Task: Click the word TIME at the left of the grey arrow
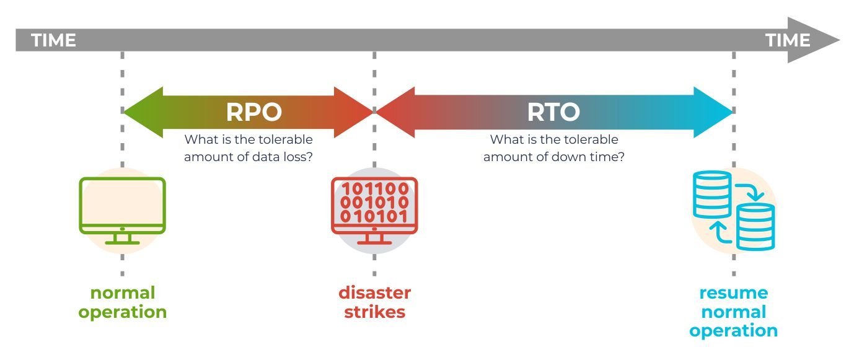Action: pos(53,41)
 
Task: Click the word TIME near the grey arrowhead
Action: pos(788,41)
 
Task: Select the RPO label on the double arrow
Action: pos(254,112)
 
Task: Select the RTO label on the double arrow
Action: pos(553,112)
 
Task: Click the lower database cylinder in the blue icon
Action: pos(755,227)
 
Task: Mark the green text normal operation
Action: pos(122,302)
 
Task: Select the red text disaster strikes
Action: pos(374,302)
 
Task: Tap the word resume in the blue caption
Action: pos(733,292)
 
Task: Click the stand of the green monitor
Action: pos(122,239)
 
